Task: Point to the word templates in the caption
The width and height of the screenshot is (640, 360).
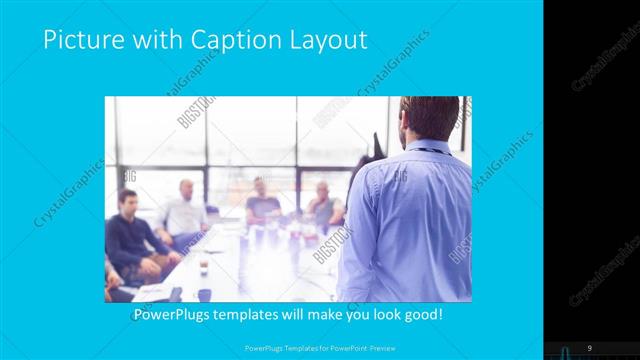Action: tap(256, 315)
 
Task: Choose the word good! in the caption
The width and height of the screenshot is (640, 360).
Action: tap(422, 315)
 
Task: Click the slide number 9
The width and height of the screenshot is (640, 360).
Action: tap(589, 347)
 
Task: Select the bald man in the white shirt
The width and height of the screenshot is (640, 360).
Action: tap(184, 212)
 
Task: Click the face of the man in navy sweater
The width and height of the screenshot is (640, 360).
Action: tap(128, 201)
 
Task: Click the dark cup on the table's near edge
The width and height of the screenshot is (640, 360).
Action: tap(204, 294)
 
